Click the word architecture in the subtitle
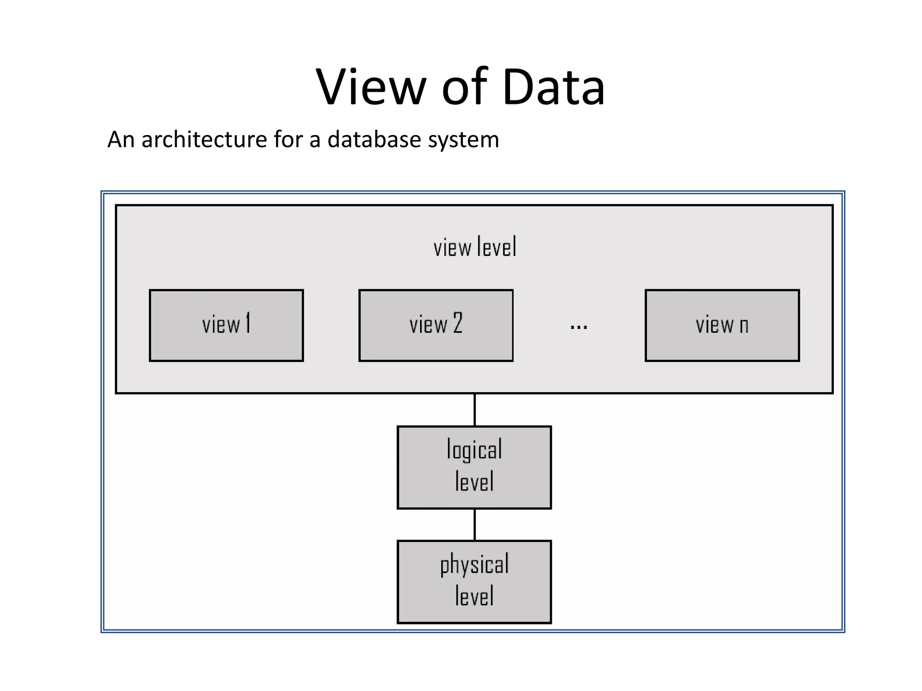[205, 139]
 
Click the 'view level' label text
[475, 247]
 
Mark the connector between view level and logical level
[475, 410]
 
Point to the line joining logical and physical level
[475, 525]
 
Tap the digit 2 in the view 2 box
[457, 323]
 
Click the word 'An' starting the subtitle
[121, 139]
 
